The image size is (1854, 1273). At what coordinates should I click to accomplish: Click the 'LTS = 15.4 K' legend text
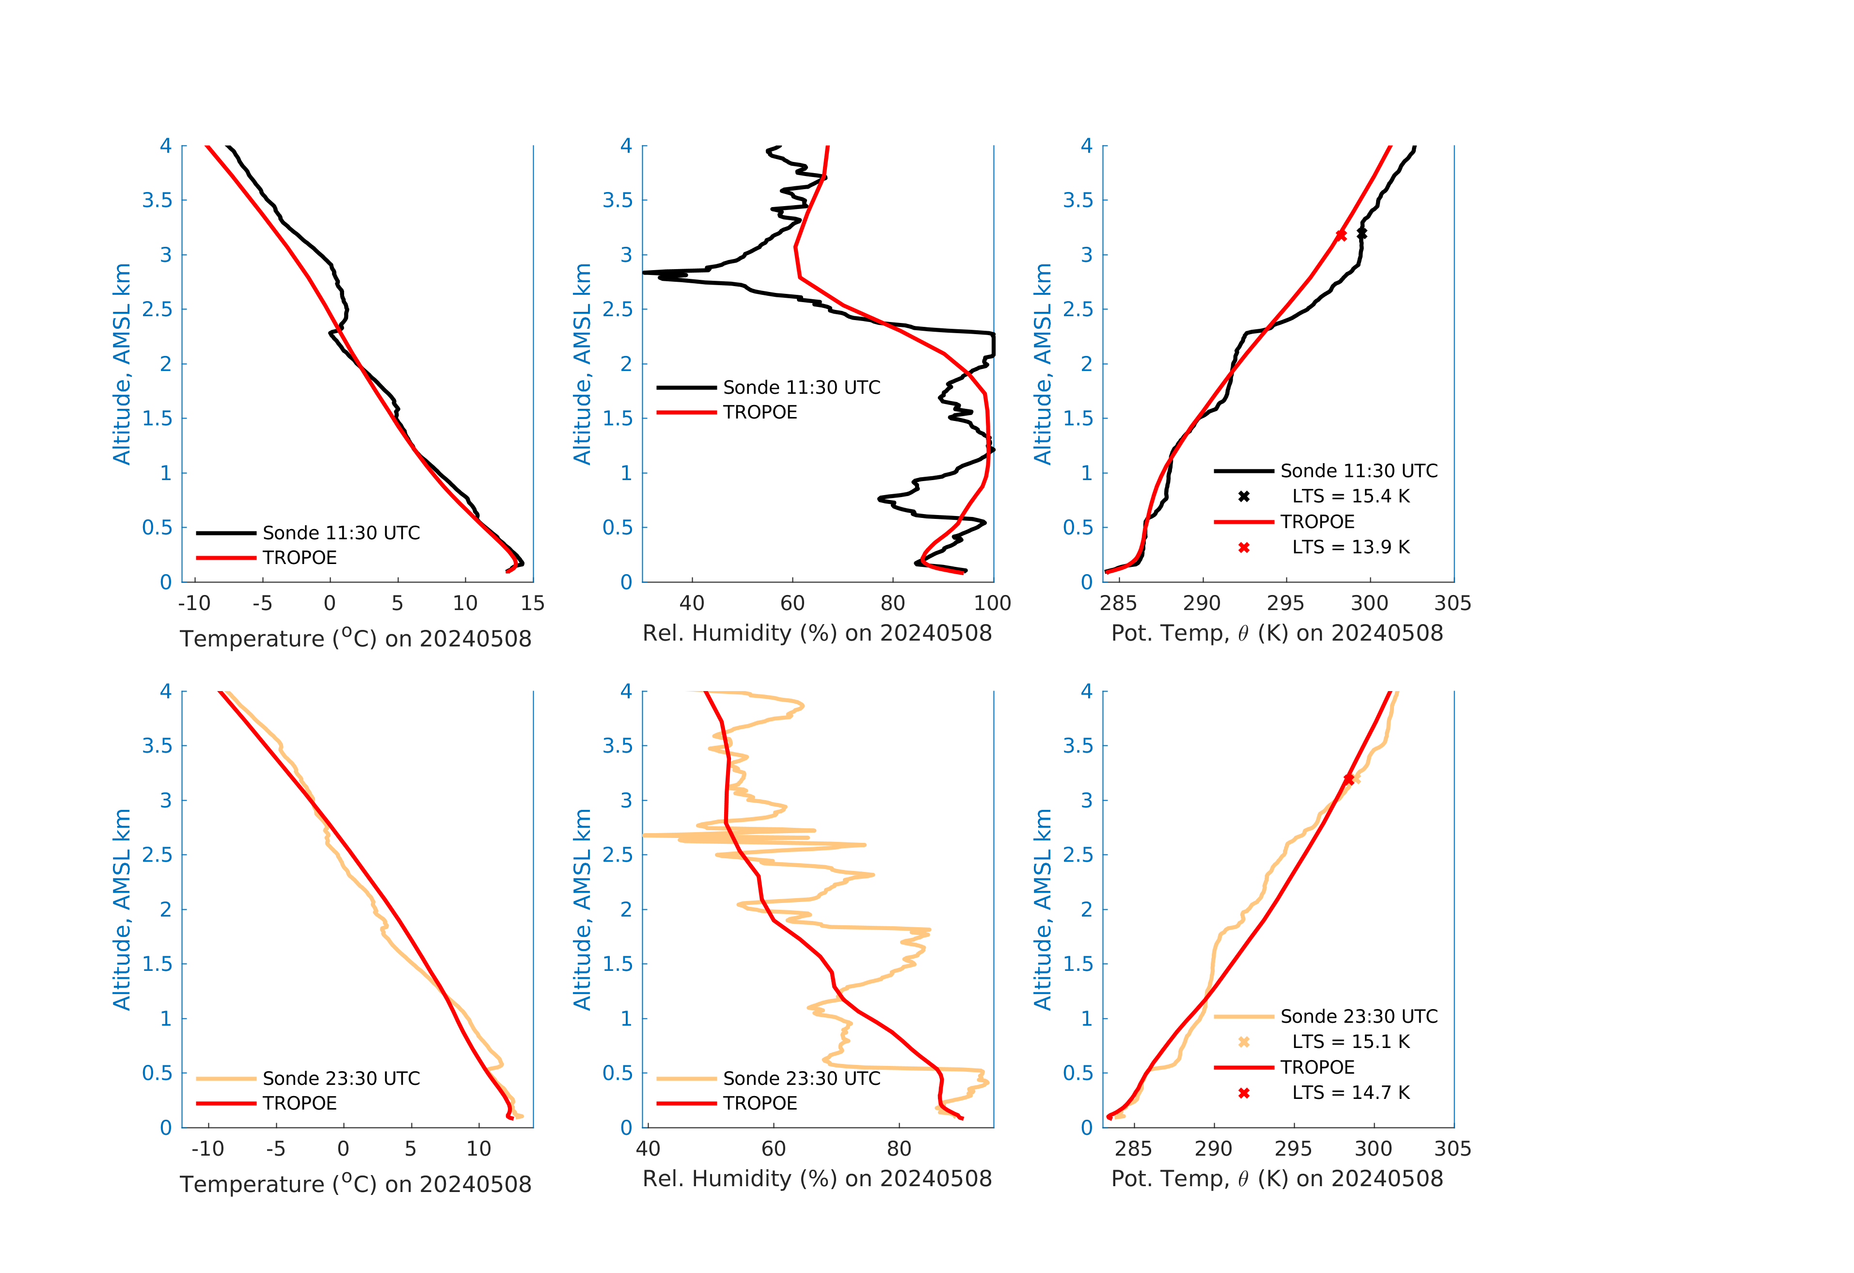tap(1350, 497)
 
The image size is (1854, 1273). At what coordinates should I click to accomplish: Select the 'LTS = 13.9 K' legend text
tap(1350, 548)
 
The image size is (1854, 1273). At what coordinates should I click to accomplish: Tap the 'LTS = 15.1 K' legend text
tap(1350, 1042)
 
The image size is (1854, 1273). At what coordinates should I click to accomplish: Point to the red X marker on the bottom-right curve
tap(1348, 779)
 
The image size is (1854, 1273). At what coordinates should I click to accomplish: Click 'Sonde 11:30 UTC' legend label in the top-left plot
tap(341, 532)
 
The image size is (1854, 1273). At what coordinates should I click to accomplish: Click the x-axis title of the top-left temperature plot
tap(355, 639)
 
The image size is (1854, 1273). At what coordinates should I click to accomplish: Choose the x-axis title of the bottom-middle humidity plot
tap(817, 1179)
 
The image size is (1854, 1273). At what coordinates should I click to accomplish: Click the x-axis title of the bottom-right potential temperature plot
tap(1277, 1179)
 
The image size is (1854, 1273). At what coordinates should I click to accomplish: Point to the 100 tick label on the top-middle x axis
tap(992, 603)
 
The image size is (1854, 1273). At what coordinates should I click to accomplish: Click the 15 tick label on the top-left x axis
tap(532, 603)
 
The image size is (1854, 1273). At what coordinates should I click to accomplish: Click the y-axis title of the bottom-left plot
tap(121, 909)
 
